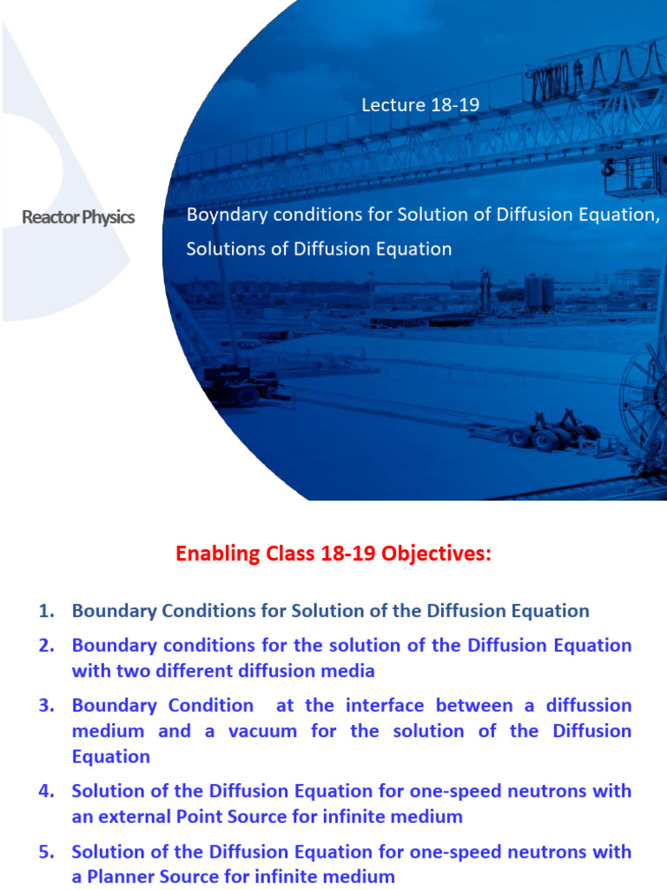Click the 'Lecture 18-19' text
pos(420,105)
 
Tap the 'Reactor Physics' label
pos(78,217)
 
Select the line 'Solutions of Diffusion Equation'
pos(319,249)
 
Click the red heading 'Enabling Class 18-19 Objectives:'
pos(333,554)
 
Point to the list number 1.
pos(46,611)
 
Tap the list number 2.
pos(46,646)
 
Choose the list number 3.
pos(46,706)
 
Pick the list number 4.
pos(46,792)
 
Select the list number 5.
pos(46,852)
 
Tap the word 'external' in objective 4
pos(141,817)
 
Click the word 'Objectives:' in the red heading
pos(441,554)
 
